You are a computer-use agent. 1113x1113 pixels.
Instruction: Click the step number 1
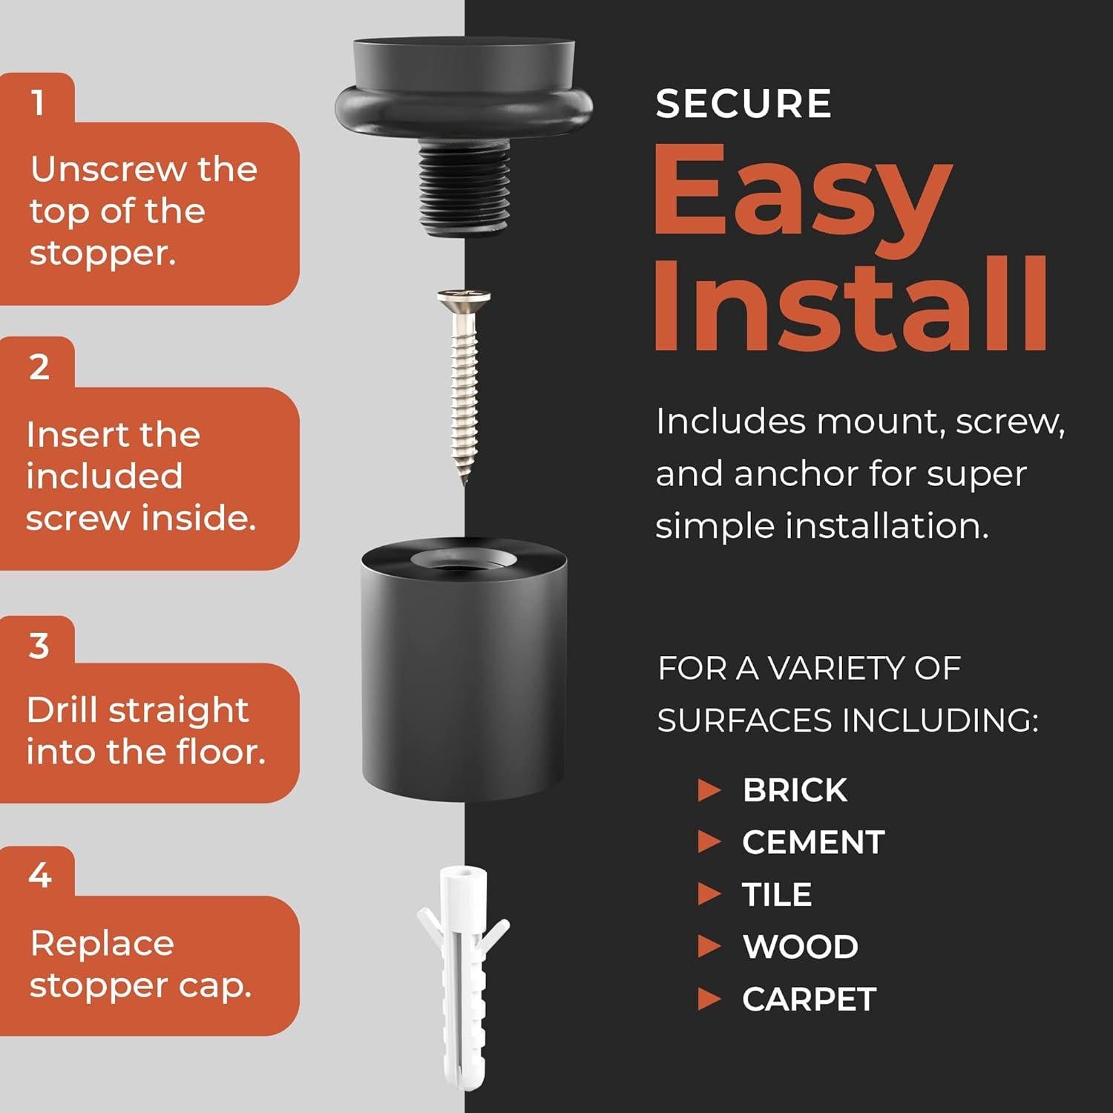click(x=38, y=102)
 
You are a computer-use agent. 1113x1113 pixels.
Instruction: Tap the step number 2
click(x=39, y=367)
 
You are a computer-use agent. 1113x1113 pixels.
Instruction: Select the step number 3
click(x=39, y=646)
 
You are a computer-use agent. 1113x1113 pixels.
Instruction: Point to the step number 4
click(x=40, y=876)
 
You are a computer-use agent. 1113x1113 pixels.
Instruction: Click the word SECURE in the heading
click(x=743, y=103)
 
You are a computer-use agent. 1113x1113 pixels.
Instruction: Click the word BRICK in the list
click(x=795, y=790)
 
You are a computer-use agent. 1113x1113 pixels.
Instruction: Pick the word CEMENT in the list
click(x=813, y=842)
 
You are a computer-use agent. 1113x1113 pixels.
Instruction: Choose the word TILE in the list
click(x=777, y=894)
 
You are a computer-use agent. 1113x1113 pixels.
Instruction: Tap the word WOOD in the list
click(x=801, y=947)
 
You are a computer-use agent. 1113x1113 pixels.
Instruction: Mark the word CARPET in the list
click(x=810, y=999)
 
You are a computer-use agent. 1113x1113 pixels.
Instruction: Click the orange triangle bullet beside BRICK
click(x=709, y=790)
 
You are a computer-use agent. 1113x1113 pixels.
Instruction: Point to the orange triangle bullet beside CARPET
click(x=709, y=999)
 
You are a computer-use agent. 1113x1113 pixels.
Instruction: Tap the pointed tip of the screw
click(x=465, y=482)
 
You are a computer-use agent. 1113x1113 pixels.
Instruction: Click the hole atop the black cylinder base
click(x=464, y=562)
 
